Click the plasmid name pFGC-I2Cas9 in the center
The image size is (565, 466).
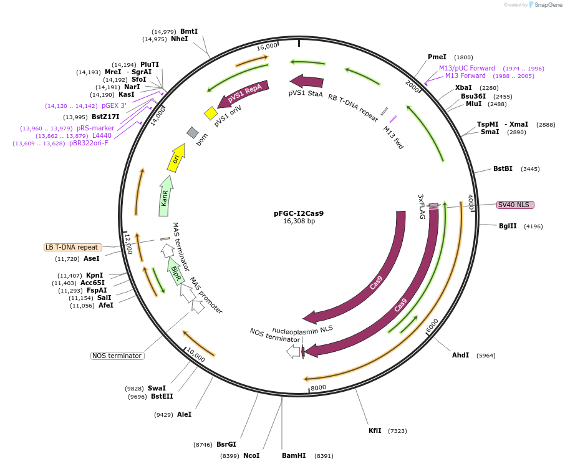coord(299,213)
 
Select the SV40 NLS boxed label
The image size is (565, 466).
coord(515,205)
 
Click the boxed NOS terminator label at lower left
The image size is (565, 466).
coord(117,356)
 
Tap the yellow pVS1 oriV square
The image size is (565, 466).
coord(211,113)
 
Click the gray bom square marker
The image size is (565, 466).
coord(193,132)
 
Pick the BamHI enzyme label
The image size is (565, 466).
coord(294,456)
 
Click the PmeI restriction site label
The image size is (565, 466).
coord(437,57)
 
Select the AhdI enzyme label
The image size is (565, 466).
coord(461,355)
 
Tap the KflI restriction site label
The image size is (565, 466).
coord(375,430)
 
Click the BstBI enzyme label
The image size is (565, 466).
coord(503,168)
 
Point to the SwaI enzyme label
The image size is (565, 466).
coord(157,388)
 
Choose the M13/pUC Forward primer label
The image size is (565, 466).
coord(467,68)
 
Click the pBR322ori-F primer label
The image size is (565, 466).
coord(89,143)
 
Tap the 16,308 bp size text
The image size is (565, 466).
coord(299,221)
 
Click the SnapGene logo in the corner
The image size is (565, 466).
coord(544,5)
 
